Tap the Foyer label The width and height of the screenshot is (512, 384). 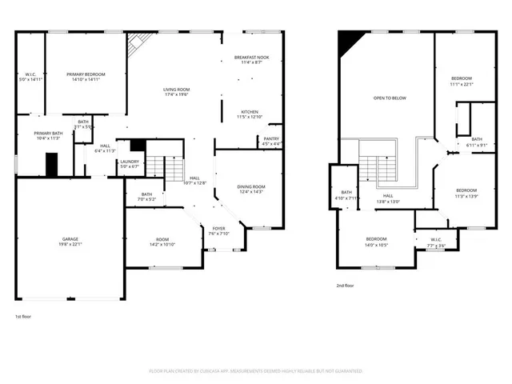pos(218,230)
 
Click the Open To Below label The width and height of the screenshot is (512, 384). pos(390,98)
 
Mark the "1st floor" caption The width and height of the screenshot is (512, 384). pos(24,317)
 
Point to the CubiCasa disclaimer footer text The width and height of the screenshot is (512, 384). pos(256,371)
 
